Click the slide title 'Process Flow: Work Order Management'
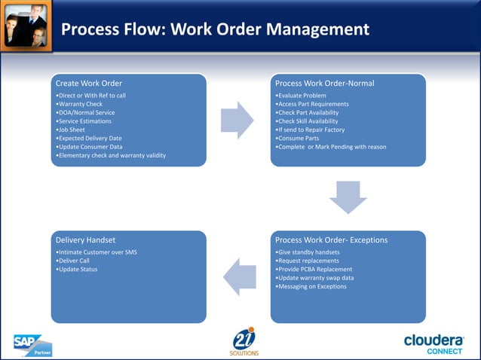[215, 29]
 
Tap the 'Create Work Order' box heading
[89, 83]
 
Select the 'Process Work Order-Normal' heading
[324, 83]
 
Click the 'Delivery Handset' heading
[85, 240]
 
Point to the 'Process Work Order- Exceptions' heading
[331, 240]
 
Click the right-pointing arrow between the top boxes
[237, 121]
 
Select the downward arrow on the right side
[348, 196]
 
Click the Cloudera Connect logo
[434, 343]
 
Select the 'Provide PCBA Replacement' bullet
[314, 269]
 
